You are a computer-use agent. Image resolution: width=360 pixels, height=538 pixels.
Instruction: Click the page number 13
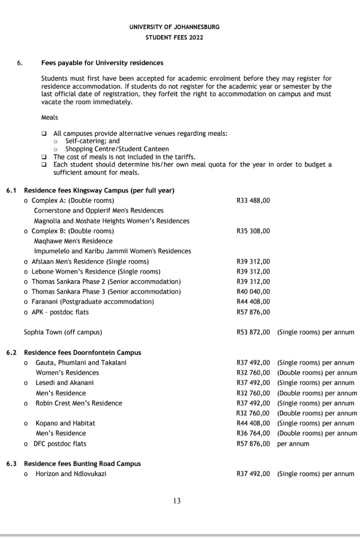[x=177, y=501]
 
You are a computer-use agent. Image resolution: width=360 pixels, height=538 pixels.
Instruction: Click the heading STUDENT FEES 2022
[x=174, y=38]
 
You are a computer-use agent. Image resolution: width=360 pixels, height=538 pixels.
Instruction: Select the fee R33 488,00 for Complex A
[x=253, y=200]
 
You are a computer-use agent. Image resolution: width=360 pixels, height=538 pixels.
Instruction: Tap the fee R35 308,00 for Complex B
[x=253, y=231]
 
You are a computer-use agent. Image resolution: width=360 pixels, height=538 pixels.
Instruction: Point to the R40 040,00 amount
[x=253, y=292]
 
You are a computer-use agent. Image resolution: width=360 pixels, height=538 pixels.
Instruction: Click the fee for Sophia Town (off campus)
[x=253, y=332]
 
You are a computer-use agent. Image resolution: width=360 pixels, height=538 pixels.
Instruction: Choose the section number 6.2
[x=11, y=352]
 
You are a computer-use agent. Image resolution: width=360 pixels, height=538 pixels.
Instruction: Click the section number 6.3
[x=11, y=464]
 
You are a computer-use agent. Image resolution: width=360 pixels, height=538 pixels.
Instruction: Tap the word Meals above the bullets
[x=49, y=117]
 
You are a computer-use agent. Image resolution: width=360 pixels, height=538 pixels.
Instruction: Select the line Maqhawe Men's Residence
[x=73, y=241]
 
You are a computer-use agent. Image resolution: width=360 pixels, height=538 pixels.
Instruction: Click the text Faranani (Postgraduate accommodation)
[x=93, y=301]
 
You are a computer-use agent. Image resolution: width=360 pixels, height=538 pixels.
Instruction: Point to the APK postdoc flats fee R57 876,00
[x=253, y=312]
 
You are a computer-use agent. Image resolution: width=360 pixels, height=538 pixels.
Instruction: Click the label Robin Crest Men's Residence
[x=79, y=403]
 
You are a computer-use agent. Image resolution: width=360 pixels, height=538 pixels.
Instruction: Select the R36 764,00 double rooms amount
[x=253, y=433]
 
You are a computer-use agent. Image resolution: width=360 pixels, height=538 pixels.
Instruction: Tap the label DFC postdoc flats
[x=60, y=444]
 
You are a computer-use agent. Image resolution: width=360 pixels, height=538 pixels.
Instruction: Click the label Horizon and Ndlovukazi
[x=71, y=474]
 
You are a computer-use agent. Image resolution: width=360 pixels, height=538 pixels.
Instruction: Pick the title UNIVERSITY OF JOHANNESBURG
[x=174, y=27]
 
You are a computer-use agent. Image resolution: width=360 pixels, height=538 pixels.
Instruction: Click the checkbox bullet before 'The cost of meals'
[x=44, y=157]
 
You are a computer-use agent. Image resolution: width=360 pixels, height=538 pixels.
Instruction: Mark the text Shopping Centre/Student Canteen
[x=117, y=149]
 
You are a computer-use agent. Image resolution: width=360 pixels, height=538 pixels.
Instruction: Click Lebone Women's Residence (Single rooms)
[x=96, y=271]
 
